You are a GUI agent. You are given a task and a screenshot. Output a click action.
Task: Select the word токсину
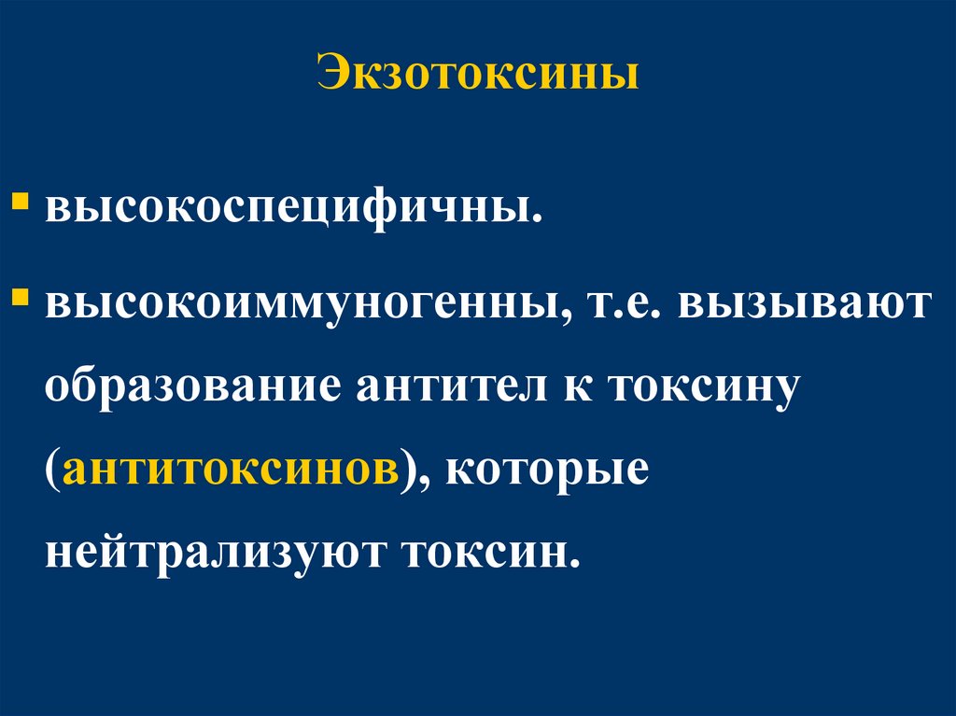pyautogui.click(x=706, y=388)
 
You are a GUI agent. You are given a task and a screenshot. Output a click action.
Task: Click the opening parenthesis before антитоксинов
pyautogui.click(x=52, y=469)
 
